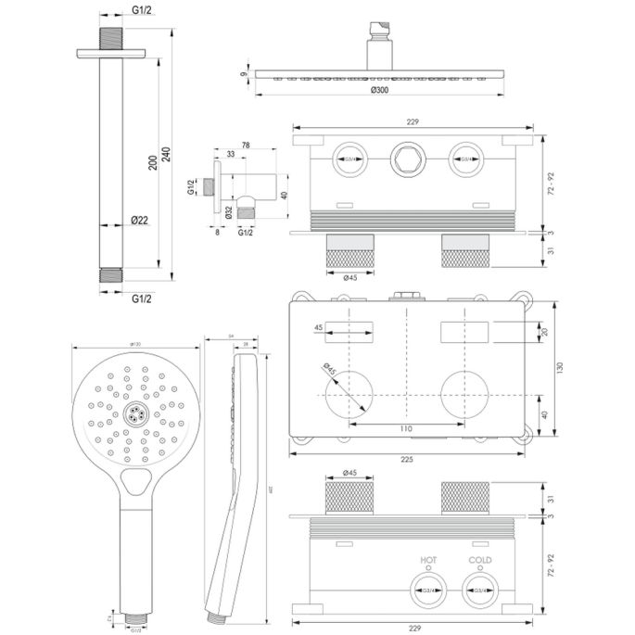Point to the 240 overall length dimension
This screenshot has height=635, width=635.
pyautogui.click(x=165, y=155)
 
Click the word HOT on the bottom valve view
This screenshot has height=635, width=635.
pyautogui.click(x=428, y=560)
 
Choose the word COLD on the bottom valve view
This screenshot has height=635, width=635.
pyautogui.click(x=478, y=560)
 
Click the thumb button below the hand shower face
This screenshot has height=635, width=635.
pyautogui.click(x=135, y=480)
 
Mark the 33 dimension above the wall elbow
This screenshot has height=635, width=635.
pyautogui.click(x=231, y=155)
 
